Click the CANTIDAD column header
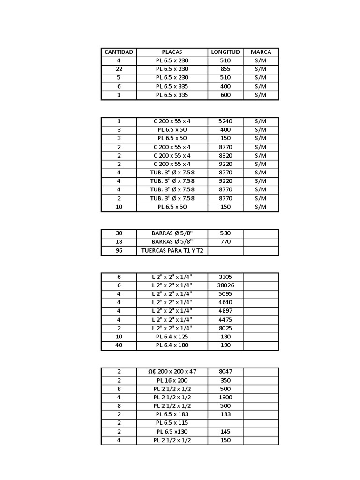point(119,52)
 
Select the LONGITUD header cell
point(225,52)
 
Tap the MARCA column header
point(261,52)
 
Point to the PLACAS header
point(172,52)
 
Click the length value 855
point(225,69)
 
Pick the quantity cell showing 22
point(119,69)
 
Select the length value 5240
point(225,121)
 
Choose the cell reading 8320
point(225,155)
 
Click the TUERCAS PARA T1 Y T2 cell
point(172,251)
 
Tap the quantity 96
point(119,251)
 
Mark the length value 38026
point(225,285)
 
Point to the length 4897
point(225,311)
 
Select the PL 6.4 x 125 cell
point(172,337)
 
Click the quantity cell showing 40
point(119,345)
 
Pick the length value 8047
point(225,371)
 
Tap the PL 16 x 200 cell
point(172,380)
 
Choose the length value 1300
point(225,397)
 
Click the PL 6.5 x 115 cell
point(172,423)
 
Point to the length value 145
point(225,431)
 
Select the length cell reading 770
point(225,242)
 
